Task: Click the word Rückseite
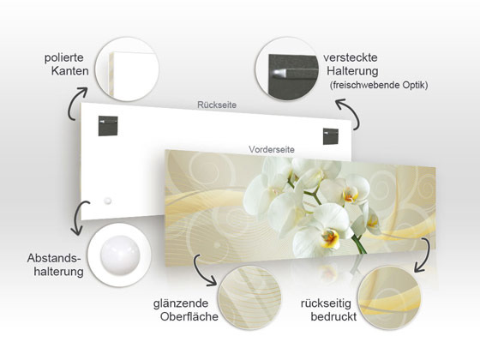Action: coord(216,105)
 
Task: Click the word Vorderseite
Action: coord(272,148)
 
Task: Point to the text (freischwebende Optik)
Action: coord(378,85)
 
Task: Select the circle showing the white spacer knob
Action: coord(120,255)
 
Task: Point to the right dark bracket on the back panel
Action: coord(331,135)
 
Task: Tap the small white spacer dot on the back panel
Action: coord(108,200)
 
